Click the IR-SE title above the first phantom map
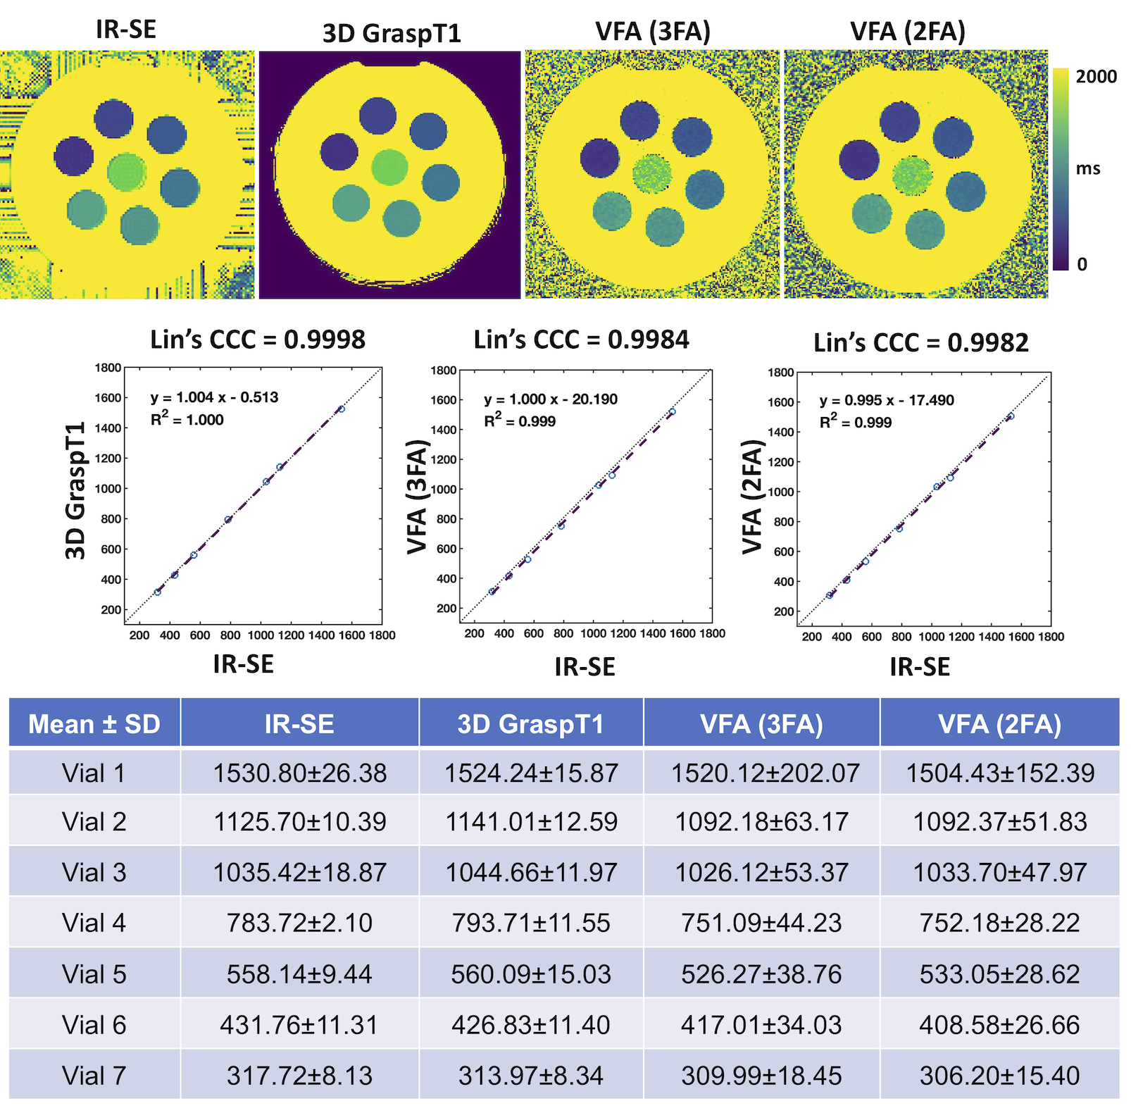126,30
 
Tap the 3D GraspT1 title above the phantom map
392,33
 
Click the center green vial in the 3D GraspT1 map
389,168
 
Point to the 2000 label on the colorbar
1096,77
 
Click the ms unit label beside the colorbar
1088,169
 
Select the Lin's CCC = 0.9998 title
258,340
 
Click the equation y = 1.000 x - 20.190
551,399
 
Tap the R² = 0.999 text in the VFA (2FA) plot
855,422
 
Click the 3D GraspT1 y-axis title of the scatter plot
76,490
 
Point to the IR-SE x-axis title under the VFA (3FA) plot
585,666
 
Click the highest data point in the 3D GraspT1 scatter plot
341,409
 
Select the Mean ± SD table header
94,724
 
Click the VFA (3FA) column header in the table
761,724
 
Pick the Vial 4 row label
94,923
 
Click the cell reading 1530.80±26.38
299,773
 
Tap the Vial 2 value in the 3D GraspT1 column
531,822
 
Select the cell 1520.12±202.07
765,773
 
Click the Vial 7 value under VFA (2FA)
999,1076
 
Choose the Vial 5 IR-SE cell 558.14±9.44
299,974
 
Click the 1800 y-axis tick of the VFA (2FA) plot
780,373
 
